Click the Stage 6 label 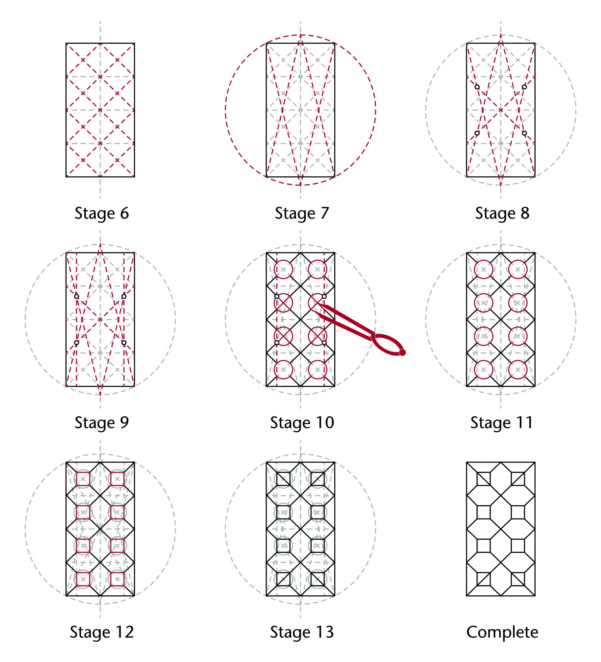point(101,213)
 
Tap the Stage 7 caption point(302,213)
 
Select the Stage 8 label point(502,213)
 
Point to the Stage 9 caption point(101,423)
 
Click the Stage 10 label point(302,423)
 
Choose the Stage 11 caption point(501,423)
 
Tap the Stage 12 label point(101,633)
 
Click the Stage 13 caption point(302,633)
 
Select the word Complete point(502,633)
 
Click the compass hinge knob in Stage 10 point(402,352)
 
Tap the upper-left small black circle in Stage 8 point(477,87)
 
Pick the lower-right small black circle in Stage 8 point(525,133)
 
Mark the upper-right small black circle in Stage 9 point(124,297)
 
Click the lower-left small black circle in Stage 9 point(76,342)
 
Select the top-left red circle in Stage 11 point(484,269)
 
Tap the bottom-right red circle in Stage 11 point(518,369)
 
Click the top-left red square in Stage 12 point(83,479)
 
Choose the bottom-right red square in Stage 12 point(117,579)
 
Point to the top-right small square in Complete point(518,479)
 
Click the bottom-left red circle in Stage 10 point(284,369)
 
